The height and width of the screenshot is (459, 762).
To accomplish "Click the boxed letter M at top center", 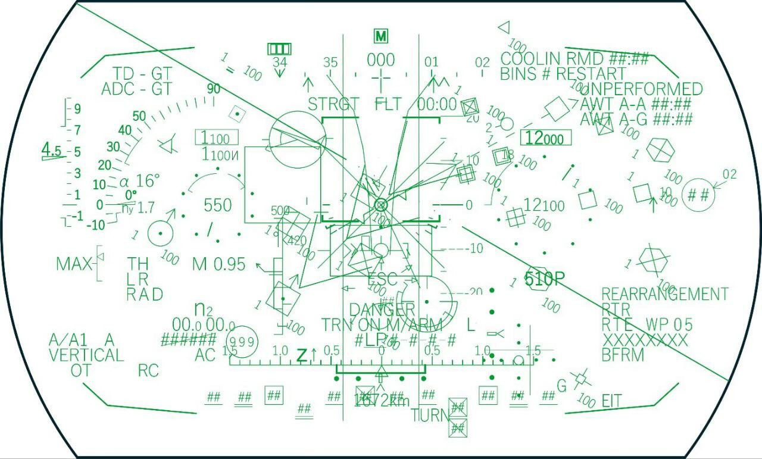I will click(381, 36).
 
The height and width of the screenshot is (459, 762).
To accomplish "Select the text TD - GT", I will click(142, 74).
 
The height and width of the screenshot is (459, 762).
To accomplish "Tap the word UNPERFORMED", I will click(645, 89).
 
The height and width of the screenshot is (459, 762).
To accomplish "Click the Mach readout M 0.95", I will click(219, 264).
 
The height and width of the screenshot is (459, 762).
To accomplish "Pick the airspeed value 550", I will click(217, 205).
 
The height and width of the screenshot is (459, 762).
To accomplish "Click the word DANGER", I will click(382, 310).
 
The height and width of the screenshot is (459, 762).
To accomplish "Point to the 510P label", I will click(544, 279).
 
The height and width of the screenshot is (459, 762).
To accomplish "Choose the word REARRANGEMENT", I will click(664, 294).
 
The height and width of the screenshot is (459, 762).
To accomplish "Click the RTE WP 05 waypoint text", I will click(647, 325).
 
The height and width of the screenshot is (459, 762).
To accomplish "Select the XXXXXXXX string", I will click(645, 341).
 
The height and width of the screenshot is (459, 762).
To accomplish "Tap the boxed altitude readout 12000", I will click(545, 139).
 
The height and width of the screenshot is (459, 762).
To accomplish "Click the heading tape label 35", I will click(330, 63).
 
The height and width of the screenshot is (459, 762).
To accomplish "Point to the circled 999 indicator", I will click(242, 341).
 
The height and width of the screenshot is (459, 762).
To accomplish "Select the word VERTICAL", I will click(86, 355).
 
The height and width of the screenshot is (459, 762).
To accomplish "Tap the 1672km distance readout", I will click(382, 401).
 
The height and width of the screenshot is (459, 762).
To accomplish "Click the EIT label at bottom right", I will click(611, 401).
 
